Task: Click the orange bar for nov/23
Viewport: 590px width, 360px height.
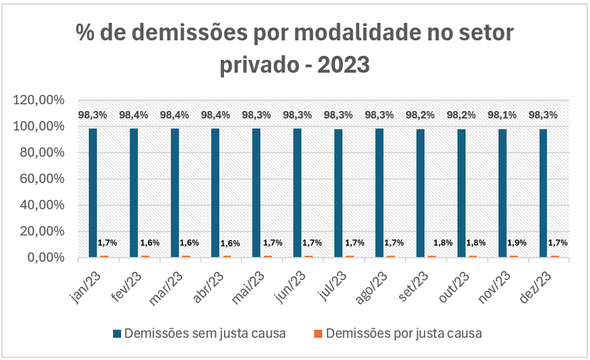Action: point(514,256)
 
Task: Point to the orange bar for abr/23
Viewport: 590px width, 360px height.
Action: point(227,256)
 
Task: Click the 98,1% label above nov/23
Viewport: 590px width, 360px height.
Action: point(503,115)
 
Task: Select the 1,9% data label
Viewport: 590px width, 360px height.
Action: point(516,242)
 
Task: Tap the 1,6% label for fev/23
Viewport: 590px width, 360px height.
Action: point(149,242)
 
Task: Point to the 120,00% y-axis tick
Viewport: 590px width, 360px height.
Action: point(38,100)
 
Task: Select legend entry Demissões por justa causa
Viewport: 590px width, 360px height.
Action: point(404,333)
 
